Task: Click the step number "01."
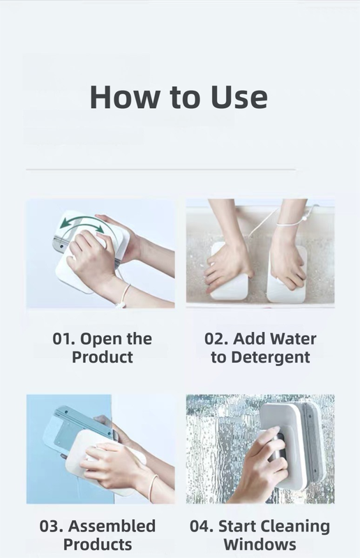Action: tap(65, 339)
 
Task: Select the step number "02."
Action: tap(216, 339)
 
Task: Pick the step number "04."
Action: tap(204, 526)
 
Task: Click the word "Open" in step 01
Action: tap(103, 340)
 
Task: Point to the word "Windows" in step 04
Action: tap(260, 544)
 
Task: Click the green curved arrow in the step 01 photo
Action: tap(82, 225)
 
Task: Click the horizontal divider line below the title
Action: tap(160, 169)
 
